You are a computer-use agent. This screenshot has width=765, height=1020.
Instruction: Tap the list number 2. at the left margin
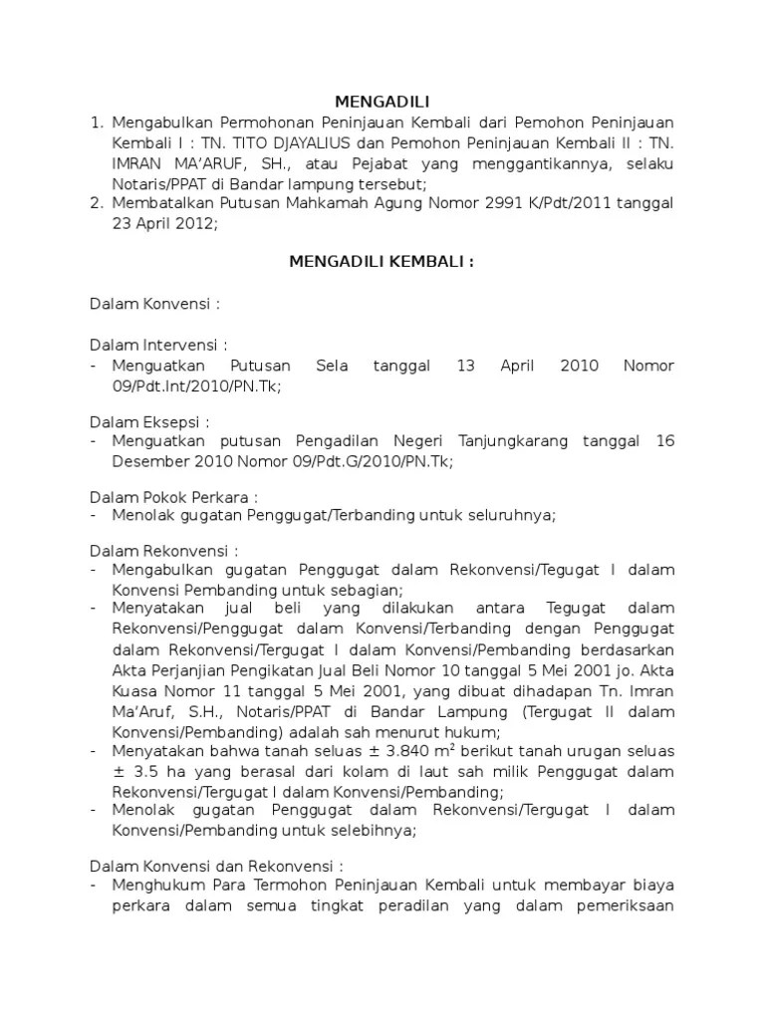tap(97, 203)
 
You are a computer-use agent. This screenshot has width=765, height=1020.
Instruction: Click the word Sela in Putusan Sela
tap(331, 366)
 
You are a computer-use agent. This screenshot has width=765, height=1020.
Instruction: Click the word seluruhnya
tap(508, 515)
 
